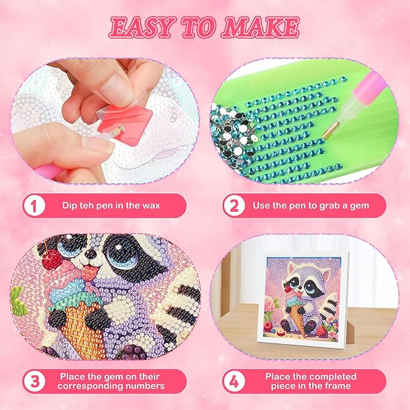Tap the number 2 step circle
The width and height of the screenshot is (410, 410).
coord(231,205)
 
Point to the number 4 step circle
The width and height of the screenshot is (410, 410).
coord(231,380)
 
